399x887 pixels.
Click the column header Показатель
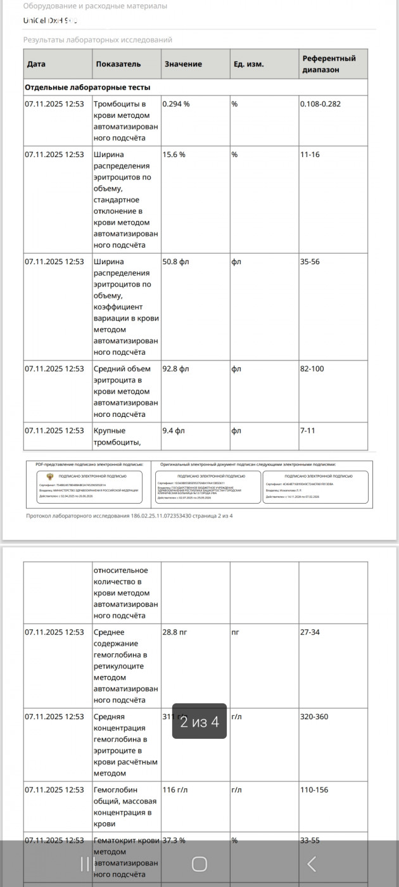click(118, 64)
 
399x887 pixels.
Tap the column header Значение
click(183, 64)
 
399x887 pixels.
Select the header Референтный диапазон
click(329, 64)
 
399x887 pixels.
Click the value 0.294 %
click(176, 104)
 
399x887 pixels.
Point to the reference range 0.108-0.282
click(320, 104)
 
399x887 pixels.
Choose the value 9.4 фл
click(174, 431)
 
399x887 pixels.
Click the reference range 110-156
click(315, 790)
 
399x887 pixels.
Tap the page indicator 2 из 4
click(199, 722)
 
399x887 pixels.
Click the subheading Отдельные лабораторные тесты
click(87, 87)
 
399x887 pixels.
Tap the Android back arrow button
click(311, 864)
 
